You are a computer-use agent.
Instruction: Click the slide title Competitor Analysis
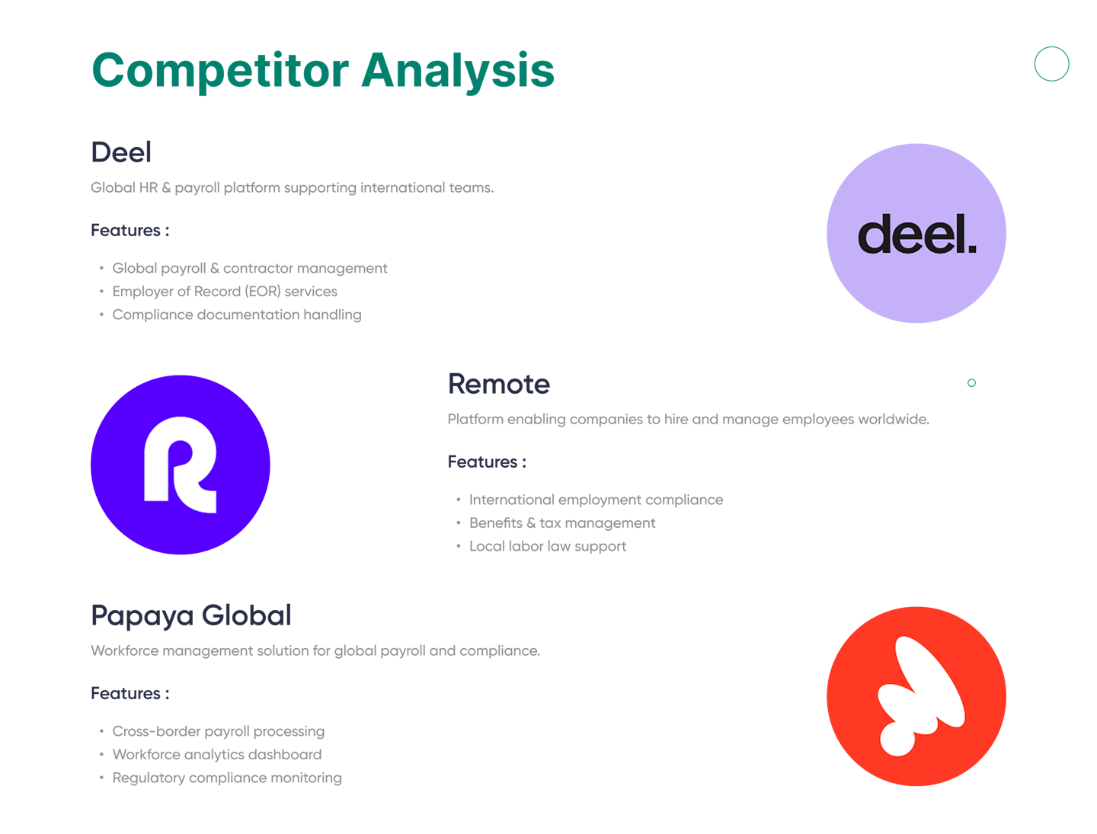click(322, 71)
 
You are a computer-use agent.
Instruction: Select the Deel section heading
click(121, 152)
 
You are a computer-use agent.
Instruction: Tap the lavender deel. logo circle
click(916, 233)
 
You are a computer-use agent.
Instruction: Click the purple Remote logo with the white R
click(181, 465)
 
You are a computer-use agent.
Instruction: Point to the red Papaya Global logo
click(916, 696)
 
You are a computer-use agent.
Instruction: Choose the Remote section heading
click(498, 384)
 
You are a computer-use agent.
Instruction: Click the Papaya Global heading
click(191, 615)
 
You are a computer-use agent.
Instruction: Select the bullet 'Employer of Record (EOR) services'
click(225, 292)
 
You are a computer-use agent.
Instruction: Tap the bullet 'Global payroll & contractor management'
click(250, 268)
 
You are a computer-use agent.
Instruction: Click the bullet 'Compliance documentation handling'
click(237, 315)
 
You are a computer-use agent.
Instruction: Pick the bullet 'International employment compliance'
click(596, 500)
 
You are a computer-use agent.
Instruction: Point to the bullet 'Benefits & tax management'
click(562, 523)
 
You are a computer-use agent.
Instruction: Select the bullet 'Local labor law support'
click(548, 546)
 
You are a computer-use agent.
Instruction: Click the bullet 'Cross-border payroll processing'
click(219, 731)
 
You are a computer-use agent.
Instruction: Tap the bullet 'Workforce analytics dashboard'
click(217, 755)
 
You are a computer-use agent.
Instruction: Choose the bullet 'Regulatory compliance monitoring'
click(227, 778)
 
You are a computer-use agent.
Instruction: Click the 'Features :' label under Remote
click(487, 462)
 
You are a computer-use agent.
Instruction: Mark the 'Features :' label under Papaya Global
click(130, 693)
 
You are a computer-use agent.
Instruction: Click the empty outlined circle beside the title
click(1051, 64)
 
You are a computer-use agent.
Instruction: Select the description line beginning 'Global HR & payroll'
click(292, 187)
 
